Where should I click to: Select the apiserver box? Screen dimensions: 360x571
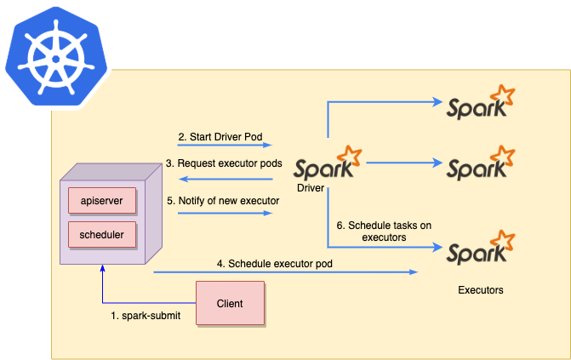click(101, 201)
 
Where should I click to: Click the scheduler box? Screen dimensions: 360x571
click(101, 233)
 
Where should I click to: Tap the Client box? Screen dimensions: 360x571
click(230, 303)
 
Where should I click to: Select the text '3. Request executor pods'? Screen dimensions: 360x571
click(223, 163)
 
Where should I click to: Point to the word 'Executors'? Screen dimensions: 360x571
click(481, 290)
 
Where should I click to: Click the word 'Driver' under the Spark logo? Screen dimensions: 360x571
click(311, 186)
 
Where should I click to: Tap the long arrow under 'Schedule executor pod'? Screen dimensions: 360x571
click(285, 272)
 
